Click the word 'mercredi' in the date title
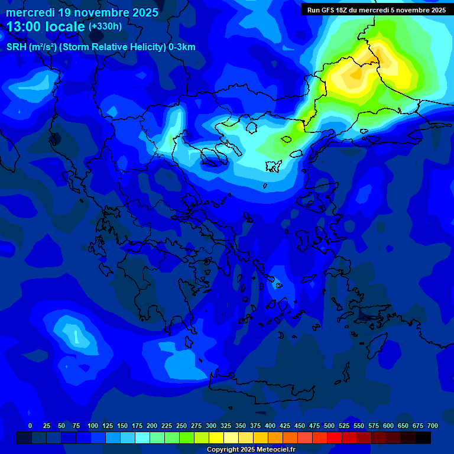pyautogui.click(x=31, y=12)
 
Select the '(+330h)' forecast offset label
pyautogui.click(x=105, y=27)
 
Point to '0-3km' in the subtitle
pyautogui.click(x=182, y=47)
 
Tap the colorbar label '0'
pyautogui.click(x=30, y=426)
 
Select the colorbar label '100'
pyautogui.click(x=93, y=426)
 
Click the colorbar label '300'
pyautogui.click(x=211, y=426)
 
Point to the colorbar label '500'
pyautogui.click(x=329, y=426)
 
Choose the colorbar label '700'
pyautogui.click(x=433, y=426)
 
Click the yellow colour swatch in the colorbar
pyautogui.click(x=216, y=437)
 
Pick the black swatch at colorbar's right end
pyautogui.click(x=423, y=437)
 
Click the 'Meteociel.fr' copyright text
pyautogui.click(x=271, y=450)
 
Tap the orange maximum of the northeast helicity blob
pyautogui.click(x=357, y=73)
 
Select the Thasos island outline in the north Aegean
pyautogui.click(x=251, y=127)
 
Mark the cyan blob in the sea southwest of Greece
pyautogui.click(x=76, y=335)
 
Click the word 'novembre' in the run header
pyautogui.click(x=409, y=10)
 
